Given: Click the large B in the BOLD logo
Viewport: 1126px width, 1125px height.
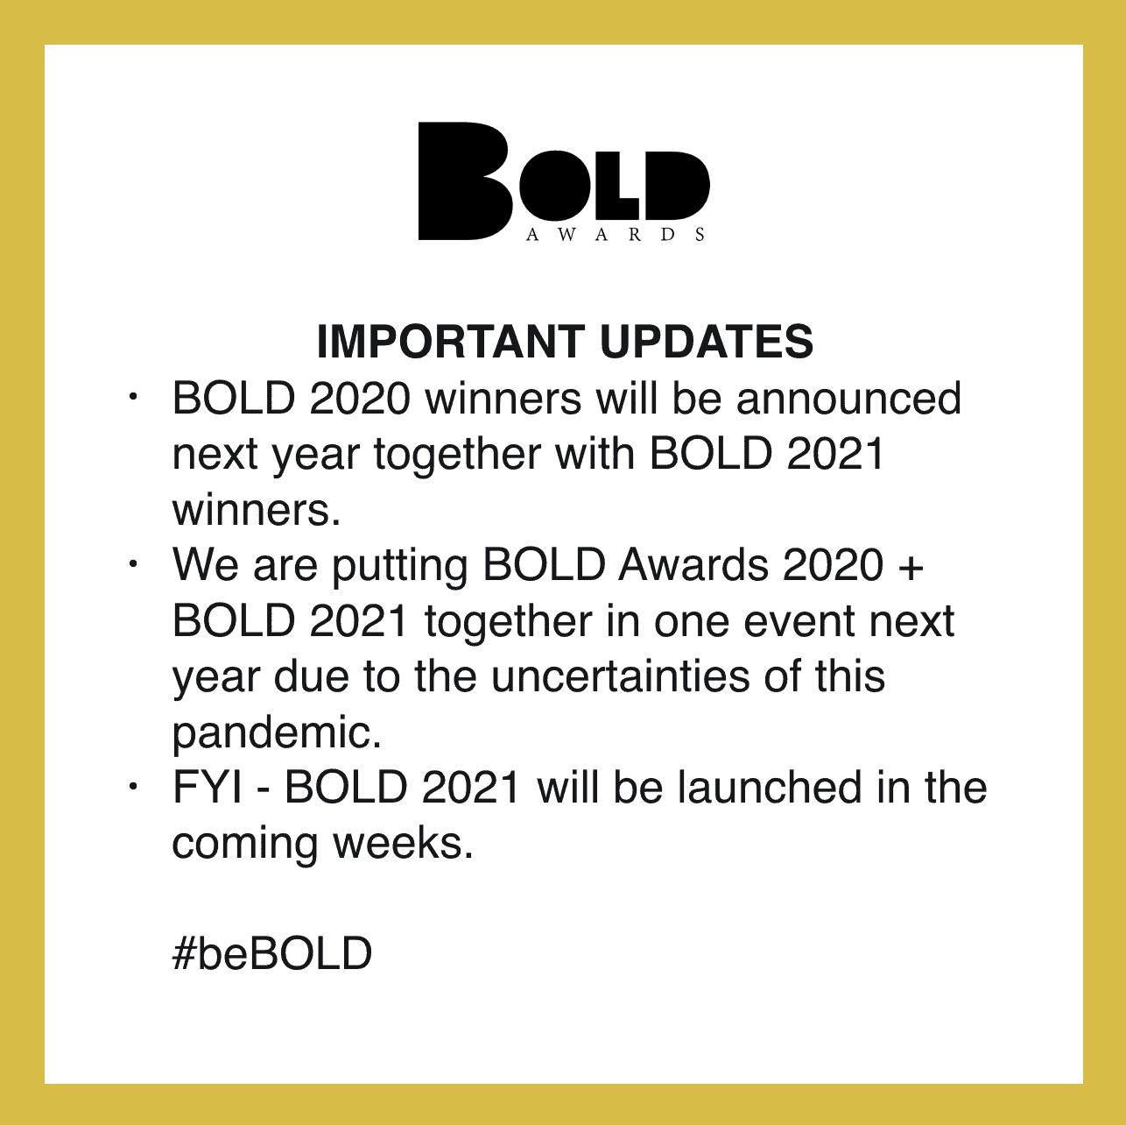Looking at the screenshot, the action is pos(465,180).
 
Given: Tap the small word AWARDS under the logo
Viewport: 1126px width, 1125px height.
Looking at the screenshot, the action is pos(616,235).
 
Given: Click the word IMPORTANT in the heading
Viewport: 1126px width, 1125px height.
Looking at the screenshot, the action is pos(451,342).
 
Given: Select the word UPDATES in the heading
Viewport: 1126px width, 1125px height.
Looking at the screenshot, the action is pos(707,342).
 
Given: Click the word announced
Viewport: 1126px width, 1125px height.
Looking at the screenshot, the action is pos(848,399).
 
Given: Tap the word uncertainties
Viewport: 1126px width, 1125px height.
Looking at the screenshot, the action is pos(621,677).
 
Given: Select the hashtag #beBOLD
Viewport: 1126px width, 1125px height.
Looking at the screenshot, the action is pos(272,953).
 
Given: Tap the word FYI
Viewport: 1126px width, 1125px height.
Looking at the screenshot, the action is pos(208,788).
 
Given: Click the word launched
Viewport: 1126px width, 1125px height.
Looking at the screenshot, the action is pos(771,788).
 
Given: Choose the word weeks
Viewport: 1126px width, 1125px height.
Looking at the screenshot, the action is pos(403,844).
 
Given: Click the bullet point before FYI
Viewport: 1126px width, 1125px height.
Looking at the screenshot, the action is pos(132,787).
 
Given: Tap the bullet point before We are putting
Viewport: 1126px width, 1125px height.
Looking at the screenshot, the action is pos(132,564).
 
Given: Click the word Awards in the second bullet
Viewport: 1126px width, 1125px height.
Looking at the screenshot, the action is pos(693,565).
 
